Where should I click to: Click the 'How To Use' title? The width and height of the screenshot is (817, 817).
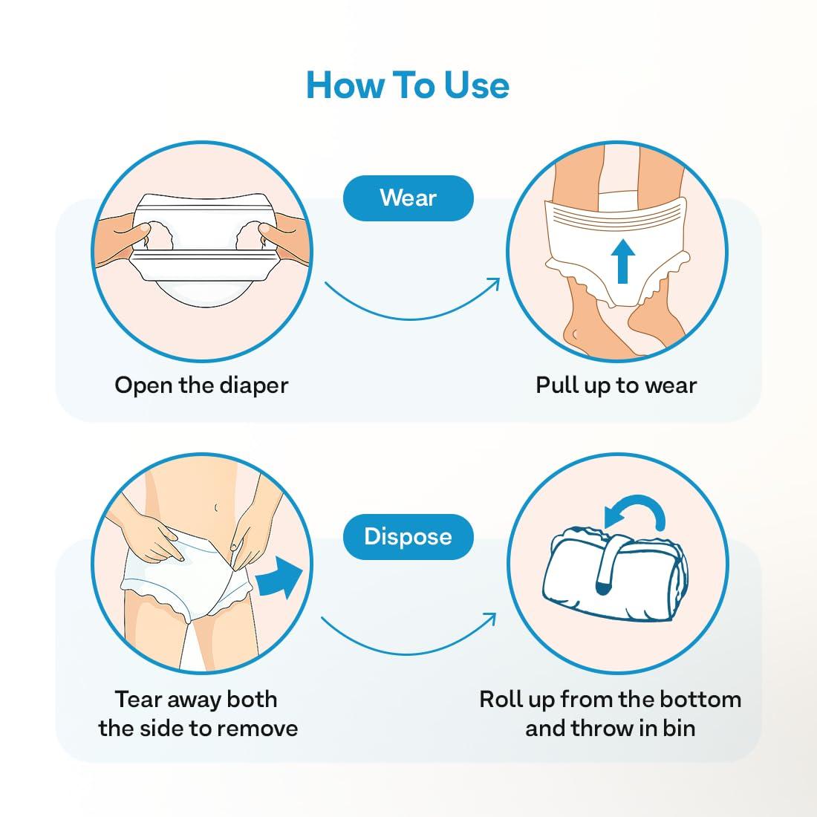pos(408,85)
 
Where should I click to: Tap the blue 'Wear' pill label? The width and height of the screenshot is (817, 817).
pos(408,198)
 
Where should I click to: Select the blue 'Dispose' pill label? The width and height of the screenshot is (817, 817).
pos(408,536)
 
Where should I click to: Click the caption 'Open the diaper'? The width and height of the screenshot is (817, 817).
pos(201,385)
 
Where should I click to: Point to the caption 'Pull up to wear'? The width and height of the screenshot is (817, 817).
pos(616,385)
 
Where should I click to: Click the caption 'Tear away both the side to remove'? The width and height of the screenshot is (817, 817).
pos(198,713)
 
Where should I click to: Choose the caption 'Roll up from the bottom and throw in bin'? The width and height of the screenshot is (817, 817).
pos(610,713)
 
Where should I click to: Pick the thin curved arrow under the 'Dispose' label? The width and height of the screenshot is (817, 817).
pos(408,631)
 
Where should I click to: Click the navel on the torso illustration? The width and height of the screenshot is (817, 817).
pos(215,508)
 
